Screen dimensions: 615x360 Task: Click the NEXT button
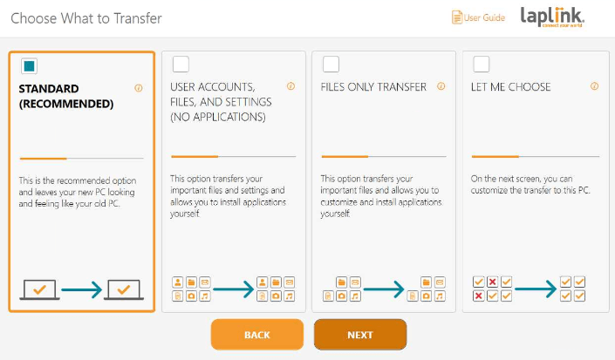click(360, 335)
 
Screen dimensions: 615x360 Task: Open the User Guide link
click(479, 17)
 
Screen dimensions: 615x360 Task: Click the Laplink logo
click(552, 17)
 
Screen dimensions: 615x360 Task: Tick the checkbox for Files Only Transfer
click(331, 65)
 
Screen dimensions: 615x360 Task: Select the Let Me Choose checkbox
click(482, 65)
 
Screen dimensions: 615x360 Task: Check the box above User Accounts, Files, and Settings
click(181, 65)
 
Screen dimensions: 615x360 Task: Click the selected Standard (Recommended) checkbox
click(29, 65)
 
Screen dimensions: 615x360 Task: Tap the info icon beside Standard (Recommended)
click(139, 88)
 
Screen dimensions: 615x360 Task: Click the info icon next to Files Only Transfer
click(441, 86)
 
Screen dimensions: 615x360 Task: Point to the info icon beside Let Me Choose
click(595, 86)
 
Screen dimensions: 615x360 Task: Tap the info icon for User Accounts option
click(290, 86)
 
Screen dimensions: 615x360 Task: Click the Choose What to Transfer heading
click(86, 18)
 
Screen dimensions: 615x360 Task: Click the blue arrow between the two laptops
click(82, 290)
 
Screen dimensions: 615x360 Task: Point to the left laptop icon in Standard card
click(39, 290)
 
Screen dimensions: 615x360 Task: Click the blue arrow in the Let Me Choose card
click(536, 289)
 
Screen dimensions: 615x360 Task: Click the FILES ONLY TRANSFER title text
click(373, 87)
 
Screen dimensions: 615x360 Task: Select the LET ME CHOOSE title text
click(510, 87)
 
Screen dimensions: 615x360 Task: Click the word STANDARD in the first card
click(49, 89)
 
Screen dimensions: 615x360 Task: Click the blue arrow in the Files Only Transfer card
click(384, 289)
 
